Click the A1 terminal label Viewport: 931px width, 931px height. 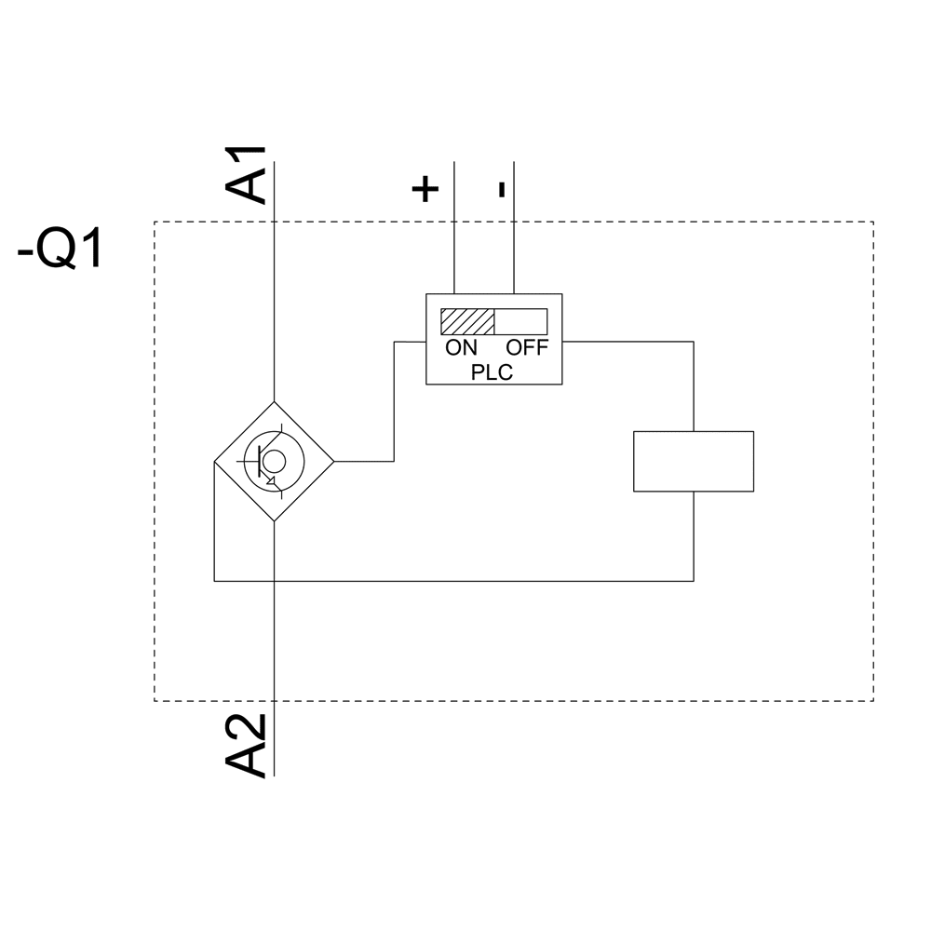pyautogui.click(x=247, y=174)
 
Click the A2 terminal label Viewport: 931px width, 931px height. pyautogui.click(x=247, y=746)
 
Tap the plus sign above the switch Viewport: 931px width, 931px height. pyautogui.click(x=425, y=189)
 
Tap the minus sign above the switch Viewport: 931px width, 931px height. pyautogui.click(x=502, y=189)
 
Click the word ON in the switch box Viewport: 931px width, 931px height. pyautogui.click(x=461, y=348)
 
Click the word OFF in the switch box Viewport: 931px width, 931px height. pyautogui.click(x=528, y=348)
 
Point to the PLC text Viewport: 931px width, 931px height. pyautogui.click(x=492, y=371)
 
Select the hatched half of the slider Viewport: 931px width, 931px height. pyautogui.click(x=467, y=321)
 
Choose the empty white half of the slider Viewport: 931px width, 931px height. pyautogui.click(x=520, y=321)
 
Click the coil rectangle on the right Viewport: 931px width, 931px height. pyautogui.click(x=693, y=461)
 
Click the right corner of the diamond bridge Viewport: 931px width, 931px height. pyautogui.click(x=333, y=461)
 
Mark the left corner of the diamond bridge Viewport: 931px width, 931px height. pyautogui.click(x=215, y=461)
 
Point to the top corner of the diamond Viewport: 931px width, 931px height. pyautogui.click(x=274, y=402)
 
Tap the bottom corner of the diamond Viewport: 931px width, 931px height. pyautogui.click(x=274, y=520)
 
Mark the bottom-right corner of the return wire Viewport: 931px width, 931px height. pyautogui.click(x=694, y=581)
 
